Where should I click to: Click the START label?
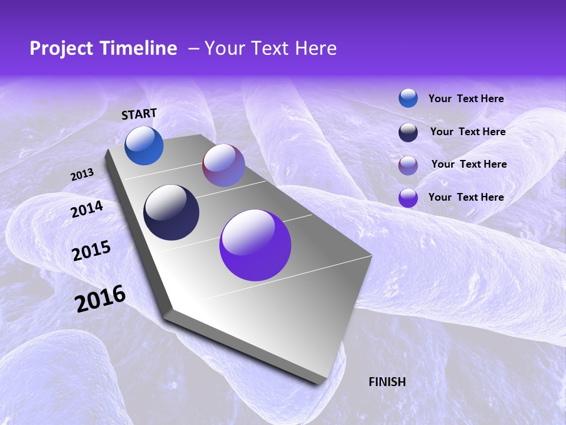(139, 114)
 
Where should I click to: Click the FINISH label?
(387, 382)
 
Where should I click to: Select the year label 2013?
(82, 175)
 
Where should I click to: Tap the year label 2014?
(87, 210)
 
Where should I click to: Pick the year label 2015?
(91, 251)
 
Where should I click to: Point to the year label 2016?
(100, 299)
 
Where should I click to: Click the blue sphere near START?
(144, 146)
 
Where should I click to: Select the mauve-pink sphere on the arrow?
(223, 165)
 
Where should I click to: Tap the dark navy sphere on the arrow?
(171, 212)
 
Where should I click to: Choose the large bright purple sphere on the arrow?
(255, 245)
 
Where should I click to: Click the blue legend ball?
(408, 98)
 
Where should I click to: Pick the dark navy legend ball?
(408, 132)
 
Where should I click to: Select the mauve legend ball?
(408, 165)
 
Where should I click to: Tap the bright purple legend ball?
(408, 198)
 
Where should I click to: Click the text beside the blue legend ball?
(466, 99)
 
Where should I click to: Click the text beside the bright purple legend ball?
(466, 197)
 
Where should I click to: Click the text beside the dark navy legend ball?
(468, 132)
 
